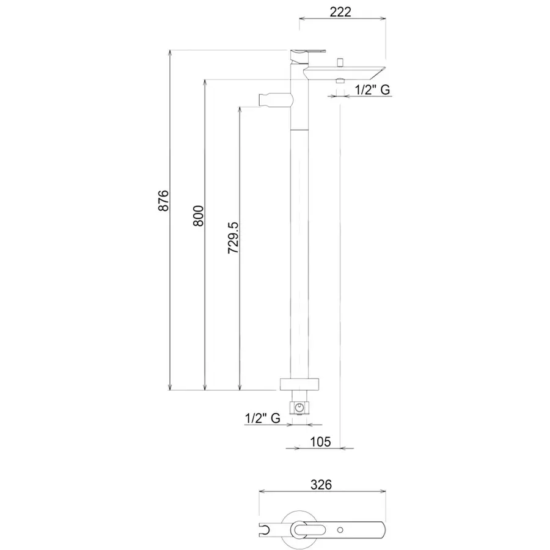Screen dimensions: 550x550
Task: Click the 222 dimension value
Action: (x=340, y=12)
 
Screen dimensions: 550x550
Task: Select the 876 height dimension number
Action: (x=163, y=200)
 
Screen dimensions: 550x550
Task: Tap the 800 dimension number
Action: (x=198, y=216)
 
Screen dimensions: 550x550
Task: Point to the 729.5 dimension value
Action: (x=233, y=238)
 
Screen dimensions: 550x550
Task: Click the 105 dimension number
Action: (x=321, y=442)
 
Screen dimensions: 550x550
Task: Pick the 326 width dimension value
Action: (x=321, y=485)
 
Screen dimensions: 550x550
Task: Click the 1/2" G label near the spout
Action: (x=372, y=90)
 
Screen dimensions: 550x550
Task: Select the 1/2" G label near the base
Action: (x=262, y=418)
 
